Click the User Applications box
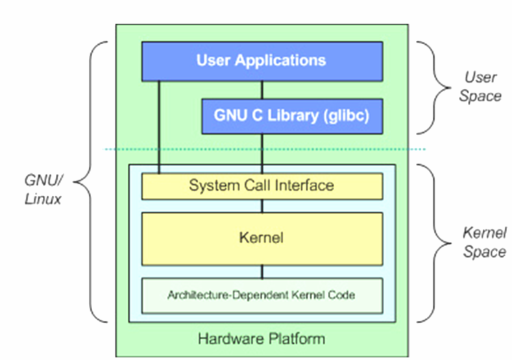[x=262, y=61]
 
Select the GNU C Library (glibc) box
[x=291, y=116]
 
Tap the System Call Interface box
[x=262, y=186]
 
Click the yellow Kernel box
[x=262, y=238]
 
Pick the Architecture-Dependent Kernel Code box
[x=262, y=294]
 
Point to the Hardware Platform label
[x=262, y=339]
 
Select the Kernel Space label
[x=484, y=242]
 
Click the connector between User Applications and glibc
[x=262, y=90]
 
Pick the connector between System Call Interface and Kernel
[x=262, y=206]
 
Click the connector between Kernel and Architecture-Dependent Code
[x=262, y=272]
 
